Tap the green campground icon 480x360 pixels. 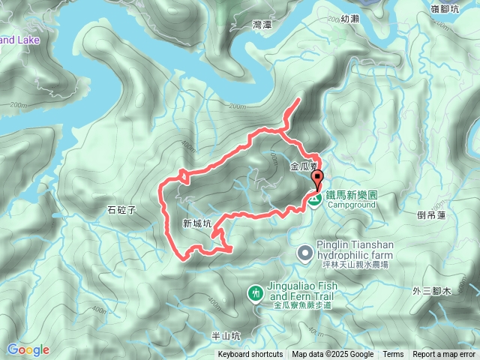coord(316,199)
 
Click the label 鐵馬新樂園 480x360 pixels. coord(351,194)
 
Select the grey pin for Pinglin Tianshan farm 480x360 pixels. coord(304,253)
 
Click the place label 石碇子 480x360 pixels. coord(120,211)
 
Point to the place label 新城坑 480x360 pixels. coord(197,223)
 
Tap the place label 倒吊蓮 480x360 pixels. coord(431,214)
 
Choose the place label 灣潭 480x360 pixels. coord(262,25)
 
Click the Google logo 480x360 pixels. coord(28,349)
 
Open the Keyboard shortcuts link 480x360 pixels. coord(250,355)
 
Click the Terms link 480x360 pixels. coord(393,355)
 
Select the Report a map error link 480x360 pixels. coord(444,355)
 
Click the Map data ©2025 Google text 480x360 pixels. coord(333,355)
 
